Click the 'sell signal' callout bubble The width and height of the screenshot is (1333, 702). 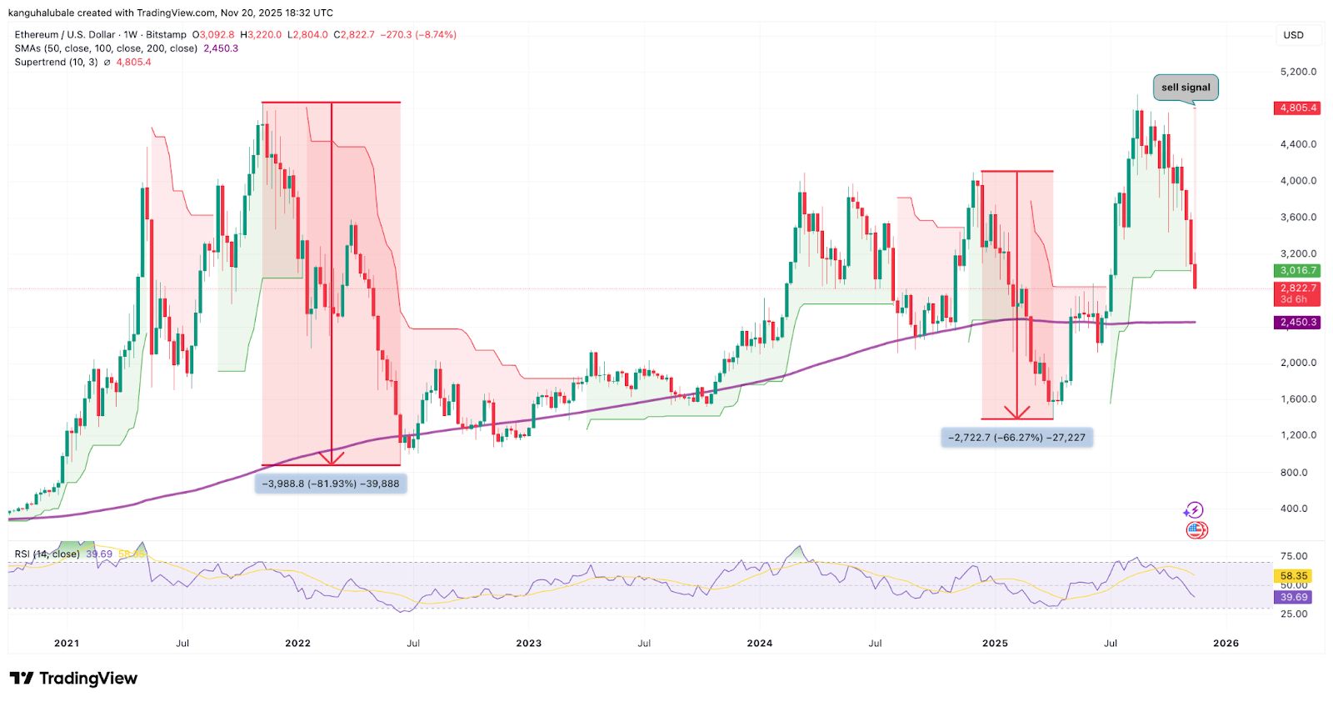click(x=1185, y=88)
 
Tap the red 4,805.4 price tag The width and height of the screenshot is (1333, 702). click(x=1297, y=108)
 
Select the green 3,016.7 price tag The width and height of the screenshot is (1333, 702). click(x=1297, y=271)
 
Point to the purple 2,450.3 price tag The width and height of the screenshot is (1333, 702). click(x=1297, y=323)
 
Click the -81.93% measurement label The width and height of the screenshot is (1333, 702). click(x=331, y=484)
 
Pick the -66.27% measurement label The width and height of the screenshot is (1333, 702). click(x=1016, y=438)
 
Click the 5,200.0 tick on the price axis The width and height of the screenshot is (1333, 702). click(x=1297, y=72)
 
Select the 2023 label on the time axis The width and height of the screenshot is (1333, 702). click(x=528, y=643)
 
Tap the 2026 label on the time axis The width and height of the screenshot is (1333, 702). click(x=1226, y=643)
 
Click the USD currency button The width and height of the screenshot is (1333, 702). click(x=1293, y=35)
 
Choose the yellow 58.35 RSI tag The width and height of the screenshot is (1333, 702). click(x=1293, y=576)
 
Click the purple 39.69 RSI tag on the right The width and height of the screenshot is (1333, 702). click(x=1293, y=597)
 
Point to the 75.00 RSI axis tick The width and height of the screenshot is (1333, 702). click(x=1293, y=556)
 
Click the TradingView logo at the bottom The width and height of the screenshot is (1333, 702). click(x=73, y=679)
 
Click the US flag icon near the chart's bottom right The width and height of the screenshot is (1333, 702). click(x=1196, y=530)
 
